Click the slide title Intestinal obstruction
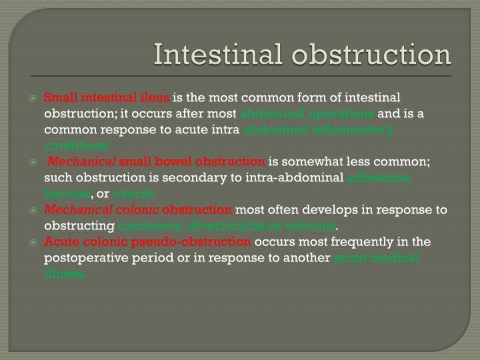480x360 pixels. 303,55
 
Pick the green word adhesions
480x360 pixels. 381,177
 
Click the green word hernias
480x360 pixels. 67,193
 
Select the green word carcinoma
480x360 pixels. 147,226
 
